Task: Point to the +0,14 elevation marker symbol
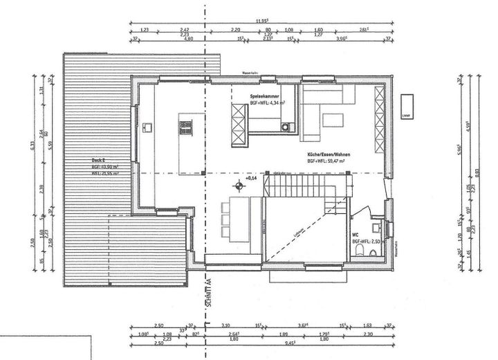tap(240, 184)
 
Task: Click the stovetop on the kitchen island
tap(186, 127)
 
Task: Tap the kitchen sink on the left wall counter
tap(147, 127)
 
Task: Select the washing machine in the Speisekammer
tap(286, 126)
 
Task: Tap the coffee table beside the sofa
tap(333, 119)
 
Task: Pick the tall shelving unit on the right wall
tap(378, 120)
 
